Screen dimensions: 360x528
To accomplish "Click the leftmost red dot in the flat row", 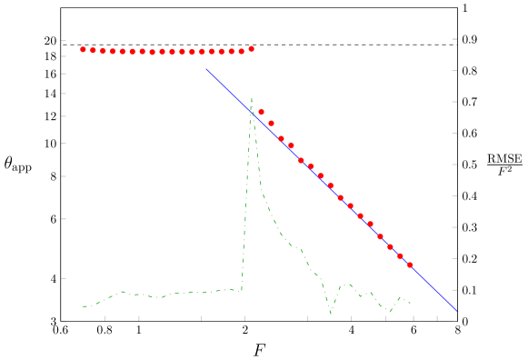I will click(x=83, y=49).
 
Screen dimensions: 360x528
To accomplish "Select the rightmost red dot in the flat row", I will click(x=251, y=49).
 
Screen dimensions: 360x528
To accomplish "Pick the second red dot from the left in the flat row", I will click(x=93, y=50).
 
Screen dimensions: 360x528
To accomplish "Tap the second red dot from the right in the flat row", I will click(x=241, y=51).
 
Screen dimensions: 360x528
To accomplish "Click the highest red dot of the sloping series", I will click(x=261, y=112).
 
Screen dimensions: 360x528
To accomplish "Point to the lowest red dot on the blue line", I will click(x=410, y=265).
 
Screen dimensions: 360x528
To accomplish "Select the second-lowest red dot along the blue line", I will click(x=400, y=255).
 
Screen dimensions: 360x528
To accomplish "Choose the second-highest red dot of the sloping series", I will click(x=271, y=123).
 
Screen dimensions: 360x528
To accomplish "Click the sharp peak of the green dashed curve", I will click(x=252, y=98).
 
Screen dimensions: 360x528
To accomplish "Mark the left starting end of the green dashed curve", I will click(x=83, y=306).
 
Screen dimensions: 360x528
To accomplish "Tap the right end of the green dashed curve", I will click(x=410, y=303).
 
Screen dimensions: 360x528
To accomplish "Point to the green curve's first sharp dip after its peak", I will click(x=331, y=314).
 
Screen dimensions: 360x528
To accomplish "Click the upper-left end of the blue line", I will click(x=206, y=69).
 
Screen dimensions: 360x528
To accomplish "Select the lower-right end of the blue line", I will click(x=457, y=312).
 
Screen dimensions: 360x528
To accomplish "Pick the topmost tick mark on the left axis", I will click(x=64, y=40).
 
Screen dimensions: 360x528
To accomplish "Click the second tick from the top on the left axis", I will click(x=64, y=55).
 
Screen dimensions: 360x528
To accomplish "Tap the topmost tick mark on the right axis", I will click(x=454, y=8).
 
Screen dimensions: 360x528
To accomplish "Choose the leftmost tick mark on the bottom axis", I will click(x=105, y=318).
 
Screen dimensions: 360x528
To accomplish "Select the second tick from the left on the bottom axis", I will click(x=139, y=318).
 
